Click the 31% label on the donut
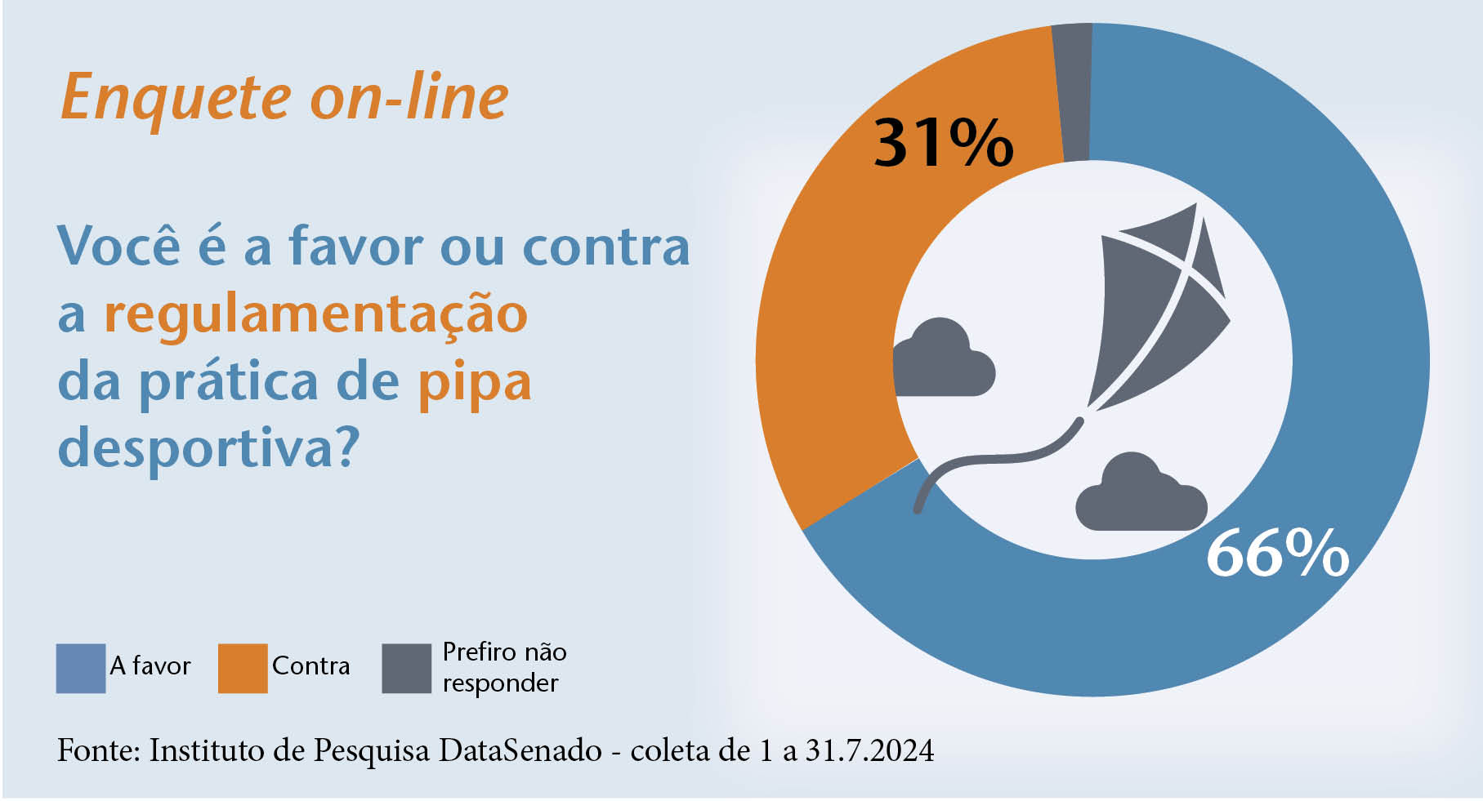tap(944, 144)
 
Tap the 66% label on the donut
tap(1277, 554)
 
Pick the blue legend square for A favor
tap(80, 668)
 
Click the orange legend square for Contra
tap(243, 668)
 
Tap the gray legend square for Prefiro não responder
tap(406, 668)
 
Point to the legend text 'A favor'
tap(150, 666)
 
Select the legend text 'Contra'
tap(310, 666)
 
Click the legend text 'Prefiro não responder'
tap(503, 667)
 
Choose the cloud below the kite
tap(1140, 495)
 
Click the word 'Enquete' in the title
tap(176, 99)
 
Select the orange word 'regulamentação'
tap(315, 315)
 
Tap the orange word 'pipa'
tap(474, 384)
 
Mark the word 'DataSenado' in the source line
tap(520, 750)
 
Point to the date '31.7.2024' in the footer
tap(869, 750)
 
